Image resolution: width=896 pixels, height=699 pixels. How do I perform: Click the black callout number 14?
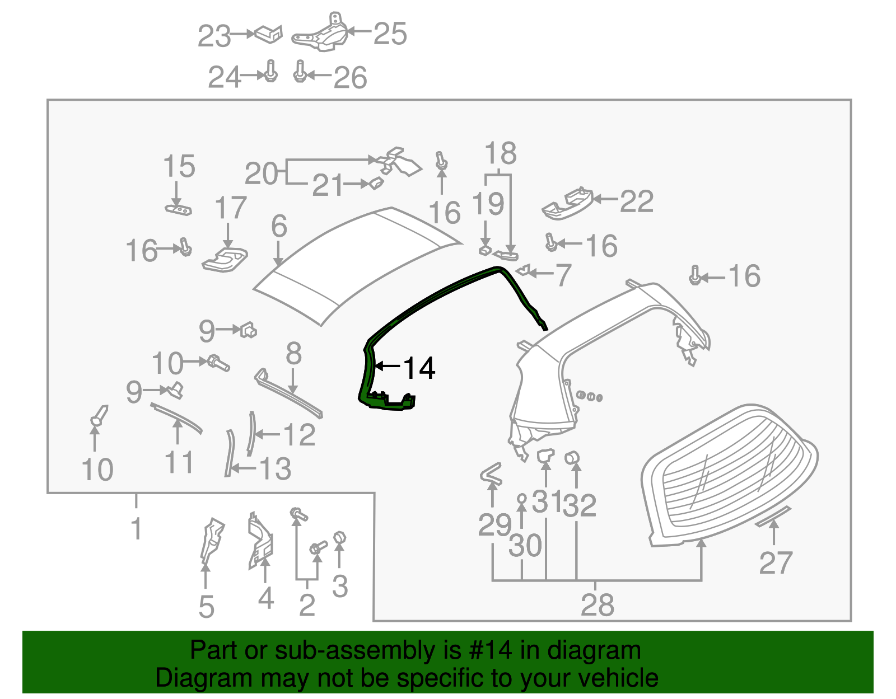[x=419, y=368]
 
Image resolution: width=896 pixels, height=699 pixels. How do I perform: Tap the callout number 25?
[x=390, y=34]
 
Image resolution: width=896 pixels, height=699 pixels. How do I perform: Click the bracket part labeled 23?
[x=269, y=34]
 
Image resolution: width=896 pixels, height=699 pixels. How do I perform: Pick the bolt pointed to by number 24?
[x=270, y=72]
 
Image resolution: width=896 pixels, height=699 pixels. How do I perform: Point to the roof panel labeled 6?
[x=358, y=263]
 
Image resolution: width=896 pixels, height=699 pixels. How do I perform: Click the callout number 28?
[x=597, y=605]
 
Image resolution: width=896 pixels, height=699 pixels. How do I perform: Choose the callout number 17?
[x=230, y=208]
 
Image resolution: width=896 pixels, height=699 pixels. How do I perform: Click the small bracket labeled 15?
[x=179, y=210]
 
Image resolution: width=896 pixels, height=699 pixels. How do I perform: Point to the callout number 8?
[x=293, y=354]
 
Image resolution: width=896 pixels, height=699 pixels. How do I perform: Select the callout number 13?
[x=275, y=469]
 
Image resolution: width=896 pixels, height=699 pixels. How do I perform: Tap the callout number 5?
[x=206, y=607]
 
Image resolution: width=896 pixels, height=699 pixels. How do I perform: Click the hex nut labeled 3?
[x=339, y=538]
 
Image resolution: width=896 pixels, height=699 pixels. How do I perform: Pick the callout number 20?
[x=261, y=173]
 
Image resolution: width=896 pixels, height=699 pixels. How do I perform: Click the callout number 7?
[x=562, y=275]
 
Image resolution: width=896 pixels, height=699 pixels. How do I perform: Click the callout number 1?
[x=136, y=528]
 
